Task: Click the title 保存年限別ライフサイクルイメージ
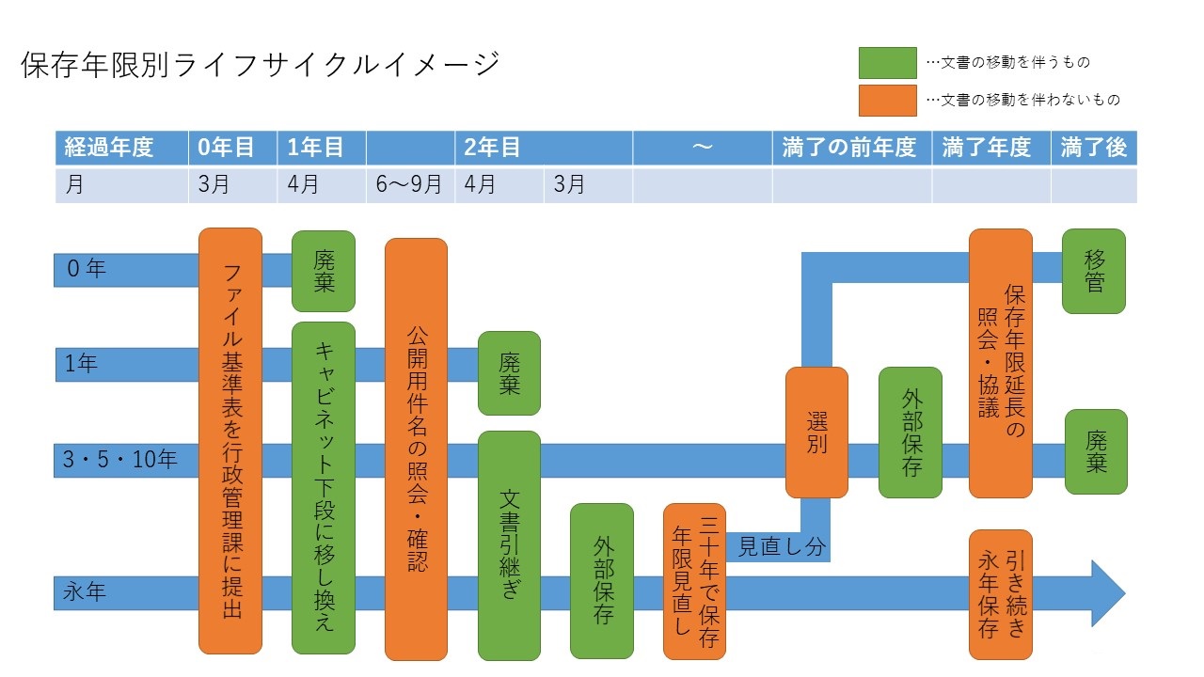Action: pyautogui.click(x=260, y=65)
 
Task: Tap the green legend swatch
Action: pyautogui.click(x=887, y=63)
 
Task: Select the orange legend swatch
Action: pyautogui.click(x=887, y=100)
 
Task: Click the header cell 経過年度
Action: pyautogui.click(x=109, y=148)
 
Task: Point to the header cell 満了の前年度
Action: pyautogui.click(x=849, y=148)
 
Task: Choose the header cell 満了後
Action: pyautogui.click(x=1093, y=148)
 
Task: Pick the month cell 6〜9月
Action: pyautogui.click(x=409, y=184)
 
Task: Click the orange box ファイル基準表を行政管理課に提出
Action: pyautogui.click(x=230, y=441)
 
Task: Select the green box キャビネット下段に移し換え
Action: pyautogui.click(x=324, y=487)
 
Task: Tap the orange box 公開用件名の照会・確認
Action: pyautogui.click(x=416, y=449)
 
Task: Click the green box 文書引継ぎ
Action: pyautogui.click(x=509, y=545)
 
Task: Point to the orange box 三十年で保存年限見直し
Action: pyautogui.click(x=695, y=582)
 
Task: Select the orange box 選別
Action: pyautogui.click(x=816, y=432)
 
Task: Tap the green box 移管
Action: pyautogui.click(x=1094, y=271)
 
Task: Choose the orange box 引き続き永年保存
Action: pyautogui.click(x=1001, y=594)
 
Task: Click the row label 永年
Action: pyautogui.click(x=85, y=592)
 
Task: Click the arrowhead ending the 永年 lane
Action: pyautogui.click(x=1107, y=593)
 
